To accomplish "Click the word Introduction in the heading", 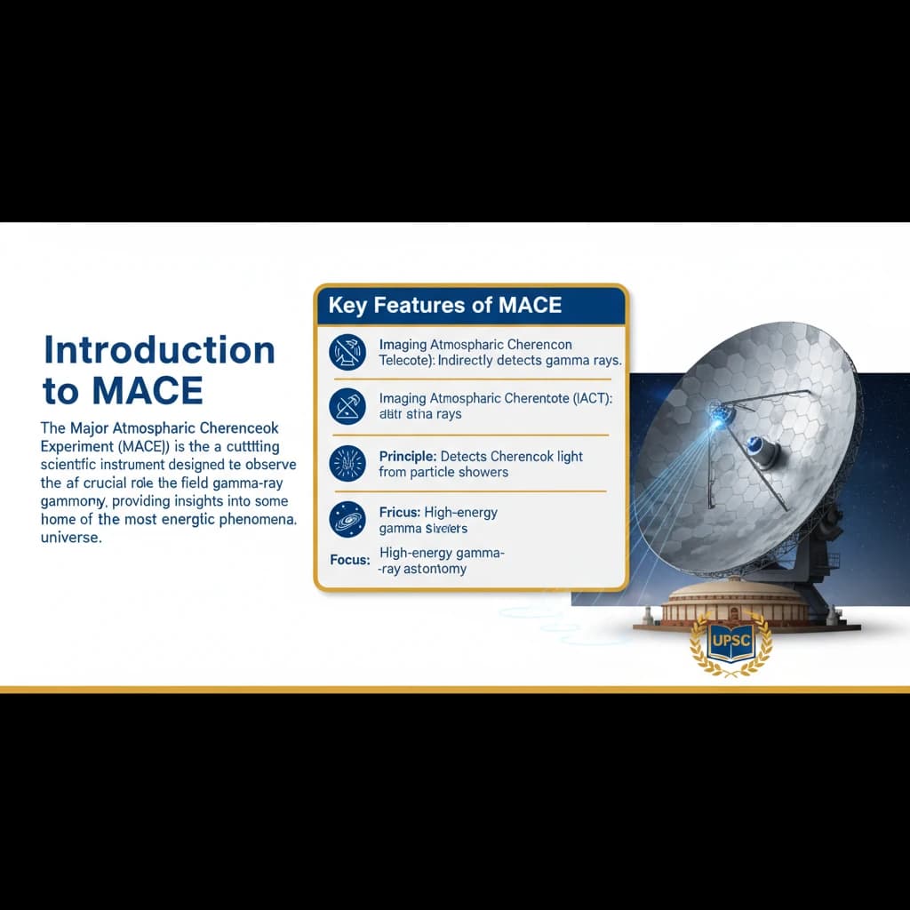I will (159, 350).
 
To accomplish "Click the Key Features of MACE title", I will (444, 306).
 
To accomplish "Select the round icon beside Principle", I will (347, 463).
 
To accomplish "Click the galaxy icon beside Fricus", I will (347, 519).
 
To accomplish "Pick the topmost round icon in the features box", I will (347, 351).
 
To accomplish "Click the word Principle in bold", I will (406, 456).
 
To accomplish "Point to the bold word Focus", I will (349, 562).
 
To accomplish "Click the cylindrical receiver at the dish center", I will (762, 450).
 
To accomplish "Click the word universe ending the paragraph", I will (71, 539).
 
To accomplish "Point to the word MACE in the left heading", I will (149, 390).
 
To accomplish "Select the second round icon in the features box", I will (347, 406).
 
